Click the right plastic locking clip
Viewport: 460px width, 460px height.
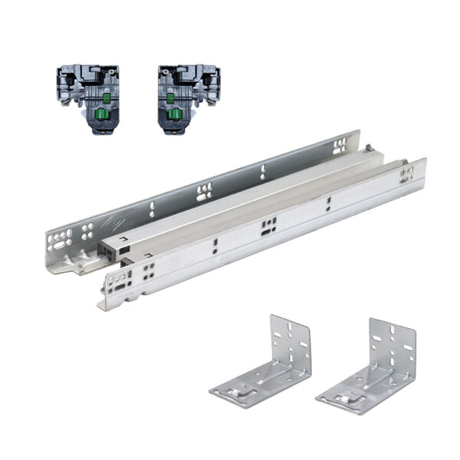click(188, 98)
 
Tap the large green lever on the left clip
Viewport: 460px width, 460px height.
click(100, 117)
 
